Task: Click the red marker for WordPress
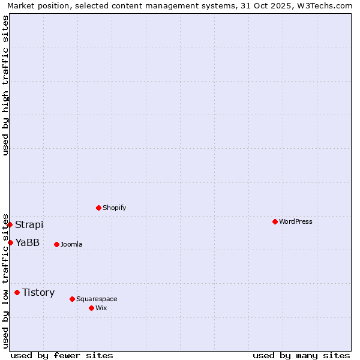[275, 221]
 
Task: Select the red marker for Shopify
[98, 208]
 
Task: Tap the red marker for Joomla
[56, 244]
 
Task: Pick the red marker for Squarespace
[72, 299]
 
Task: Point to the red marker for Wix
[91, 308]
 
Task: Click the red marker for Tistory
[17, 292]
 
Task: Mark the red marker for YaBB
[10, 242]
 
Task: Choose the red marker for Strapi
[10, 224]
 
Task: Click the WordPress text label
[296, 221]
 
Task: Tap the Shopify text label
[114, 208]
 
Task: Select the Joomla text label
[71, 244]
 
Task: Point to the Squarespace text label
[97, 299]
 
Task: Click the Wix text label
[101, 308]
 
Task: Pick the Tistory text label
[38, 292]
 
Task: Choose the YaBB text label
[28, 242]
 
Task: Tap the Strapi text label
[29, 224]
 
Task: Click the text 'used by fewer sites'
[62, 355]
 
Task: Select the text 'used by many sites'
[301, 355]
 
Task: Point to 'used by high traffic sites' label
[5, 85]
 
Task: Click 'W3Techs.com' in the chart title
[323, 5]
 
